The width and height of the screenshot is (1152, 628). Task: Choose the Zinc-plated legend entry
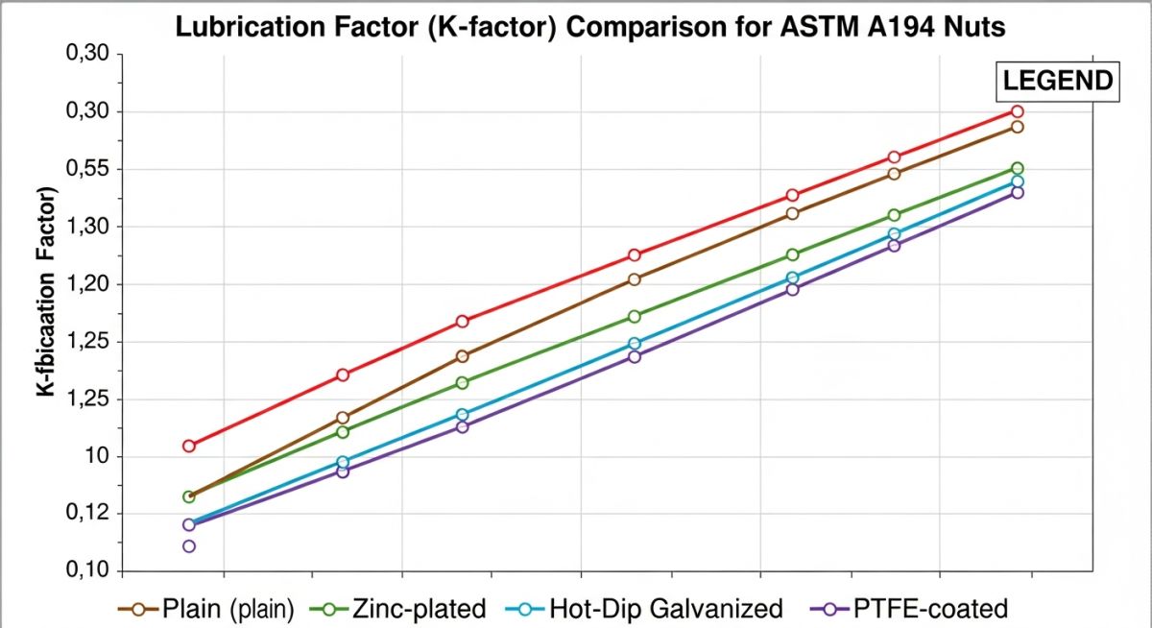(419, 609)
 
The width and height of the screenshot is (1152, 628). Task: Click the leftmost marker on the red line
(189, 446)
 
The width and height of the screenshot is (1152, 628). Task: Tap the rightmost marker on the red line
(1018, 111)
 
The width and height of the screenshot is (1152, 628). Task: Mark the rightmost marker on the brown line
(1018, 127)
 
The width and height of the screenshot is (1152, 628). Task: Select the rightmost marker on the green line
(1018, 168)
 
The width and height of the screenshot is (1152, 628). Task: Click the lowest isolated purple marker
(189, 546)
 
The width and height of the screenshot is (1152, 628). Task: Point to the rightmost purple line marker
(1018, 193)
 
